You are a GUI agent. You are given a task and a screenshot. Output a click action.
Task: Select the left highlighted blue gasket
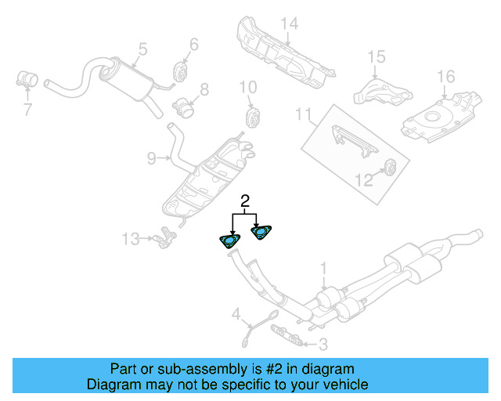click(230, 240)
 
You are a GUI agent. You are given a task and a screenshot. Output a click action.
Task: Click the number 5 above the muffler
click(142, 49)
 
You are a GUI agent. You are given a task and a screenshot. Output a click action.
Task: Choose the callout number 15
click(377, 56)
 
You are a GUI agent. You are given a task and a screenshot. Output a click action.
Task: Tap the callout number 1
click(323, 269)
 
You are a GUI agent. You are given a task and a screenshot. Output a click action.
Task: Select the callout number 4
click(236, 315)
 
